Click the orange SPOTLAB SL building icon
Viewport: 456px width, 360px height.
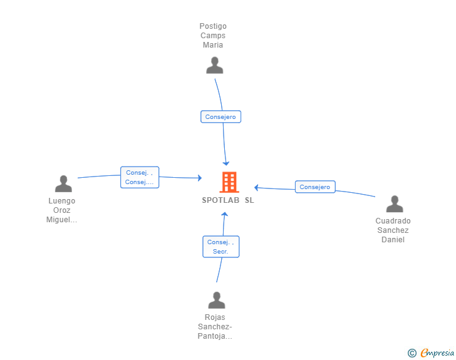(229, 182)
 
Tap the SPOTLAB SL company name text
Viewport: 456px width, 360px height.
(228, 200)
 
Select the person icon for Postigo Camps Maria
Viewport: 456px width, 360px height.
(215, 66)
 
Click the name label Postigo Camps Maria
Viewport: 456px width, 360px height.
(213, 36)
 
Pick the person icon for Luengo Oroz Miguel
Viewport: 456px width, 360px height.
(63, 184)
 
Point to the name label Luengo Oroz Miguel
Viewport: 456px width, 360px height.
(62, 210)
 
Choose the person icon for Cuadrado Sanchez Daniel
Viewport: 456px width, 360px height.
(394, 204)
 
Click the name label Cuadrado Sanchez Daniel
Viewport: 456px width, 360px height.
(393, 230)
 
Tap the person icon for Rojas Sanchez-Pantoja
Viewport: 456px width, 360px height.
(216, 301)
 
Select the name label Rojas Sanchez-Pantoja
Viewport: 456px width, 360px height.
(215, 327)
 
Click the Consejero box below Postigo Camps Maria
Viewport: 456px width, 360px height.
(220, 117)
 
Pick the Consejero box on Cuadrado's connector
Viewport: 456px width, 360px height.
(314, 187)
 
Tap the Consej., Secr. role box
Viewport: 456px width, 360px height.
(220, 247)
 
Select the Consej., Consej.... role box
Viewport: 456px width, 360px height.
(140, 177)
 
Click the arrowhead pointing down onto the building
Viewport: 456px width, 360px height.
(227, 163)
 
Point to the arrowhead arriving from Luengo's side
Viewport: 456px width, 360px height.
(200, 178)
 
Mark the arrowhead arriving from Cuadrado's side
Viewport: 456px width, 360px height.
(257, 187)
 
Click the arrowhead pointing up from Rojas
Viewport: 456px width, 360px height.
(225, 215)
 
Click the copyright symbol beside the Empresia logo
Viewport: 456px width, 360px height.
(412, 353)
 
